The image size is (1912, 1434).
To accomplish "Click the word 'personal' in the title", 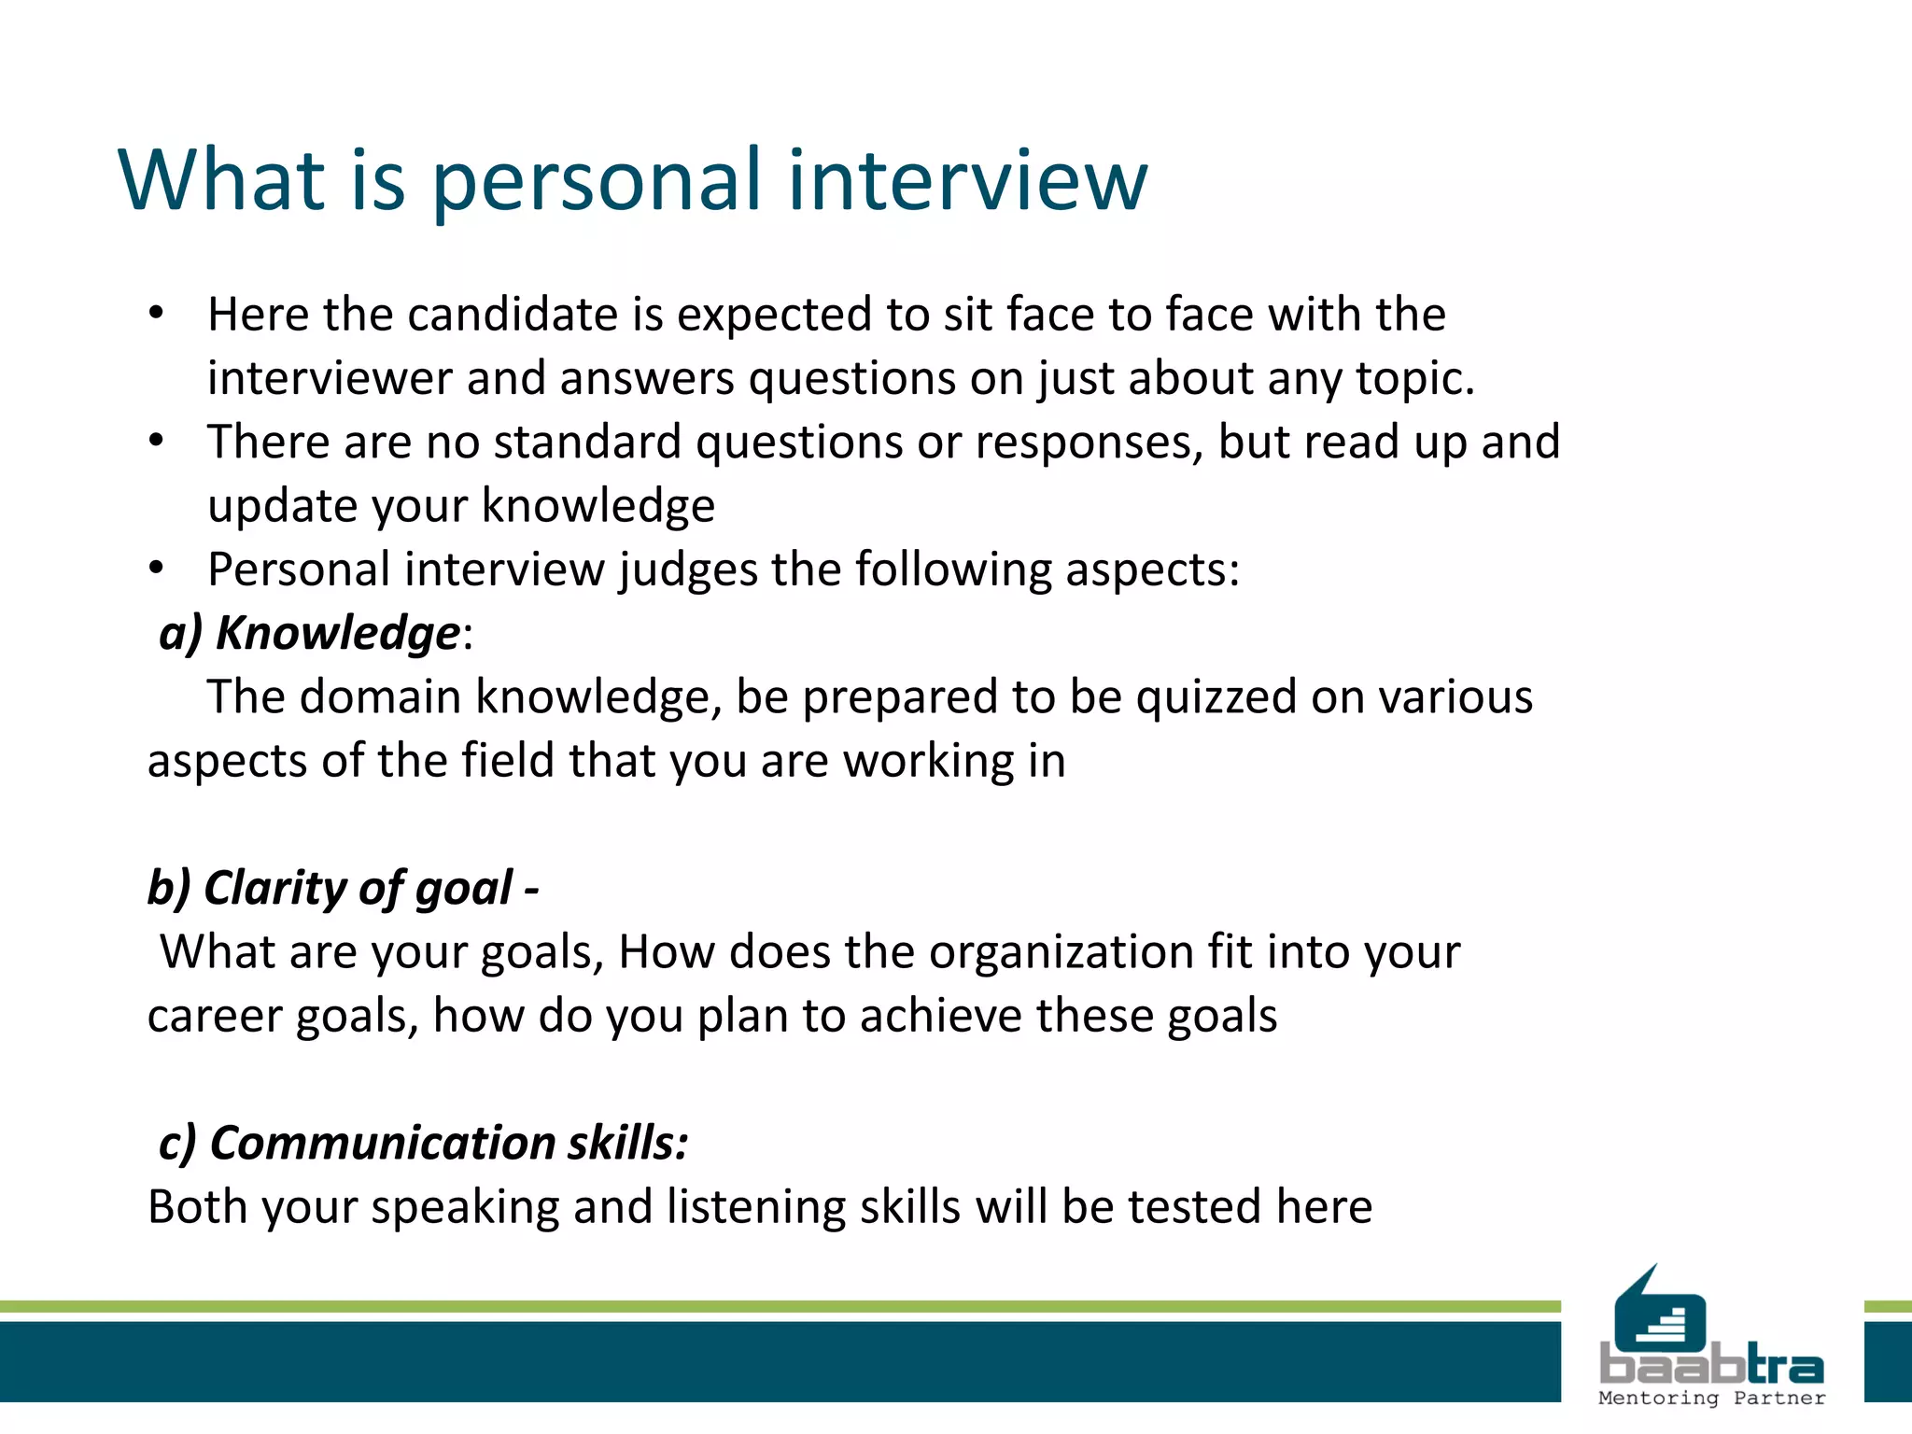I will click(597, 182).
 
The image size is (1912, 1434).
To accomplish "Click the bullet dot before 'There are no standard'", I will click(156, 441).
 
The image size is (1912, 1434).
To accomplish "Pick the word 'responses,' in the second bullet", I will click(1089, 443).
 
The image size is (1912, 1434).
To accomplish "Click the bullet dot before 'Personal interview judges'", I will click(156, 568).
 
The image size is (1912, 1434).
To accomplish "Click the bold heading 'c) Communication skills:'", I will click(424, 1144).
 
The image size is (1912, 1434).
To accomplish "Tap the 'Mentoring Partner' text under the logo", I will click(1711, 1398).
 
